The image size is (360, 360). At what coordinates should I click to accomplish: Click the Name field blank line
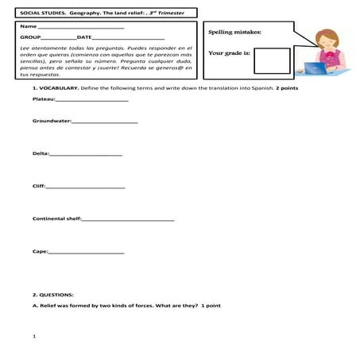point(75,28)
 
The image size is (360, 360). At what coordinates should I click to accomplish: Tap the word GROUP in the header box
point(30,37)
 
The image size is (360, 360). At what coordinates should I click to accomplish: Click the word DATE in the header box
point(84,37)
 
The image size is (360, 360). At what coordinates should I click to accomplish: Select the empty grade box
point(273,60)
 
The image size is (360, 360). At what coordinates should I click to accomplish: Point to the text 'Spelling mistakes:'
point(234,33)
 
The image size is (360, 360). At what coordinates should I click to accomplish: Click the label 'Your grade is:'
point(229,53)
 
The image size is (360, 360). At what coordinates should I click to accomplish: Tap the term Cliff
point(38,186)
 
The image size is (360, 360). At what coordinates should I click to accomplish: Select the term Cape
point(40,251)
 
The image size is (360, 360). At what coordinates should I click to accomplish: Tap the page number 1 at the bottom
point(34,337)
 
